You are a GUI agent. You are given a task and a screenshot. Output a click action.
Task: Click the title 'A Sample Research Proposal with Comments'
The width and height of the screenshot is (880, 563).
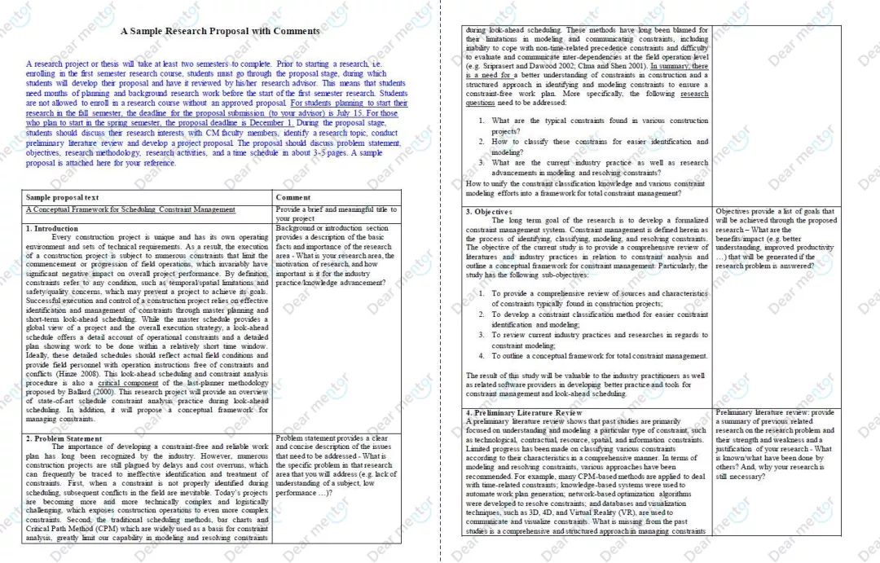[x=220, y=31]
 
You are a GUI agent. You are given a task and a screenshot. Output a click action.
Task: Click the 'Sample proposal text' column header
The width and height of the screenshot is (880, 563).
[x=63, y=197]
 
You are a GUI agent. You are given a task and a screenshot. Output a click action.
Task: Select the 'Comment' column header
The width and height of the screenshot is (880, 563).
[x=293, y=197]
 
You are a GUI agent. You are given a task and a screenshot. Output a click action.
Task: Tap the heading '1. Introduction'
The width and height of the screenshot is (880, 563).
[x=52, y=229]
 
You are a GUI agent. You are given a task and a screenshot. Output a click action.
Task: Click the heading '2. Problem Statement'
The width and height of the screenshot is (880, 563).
[x=64, y=438]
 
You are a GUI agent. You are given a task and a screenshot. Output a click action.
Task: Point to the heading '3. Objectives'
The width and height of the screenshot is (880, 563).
[x=489, y=212]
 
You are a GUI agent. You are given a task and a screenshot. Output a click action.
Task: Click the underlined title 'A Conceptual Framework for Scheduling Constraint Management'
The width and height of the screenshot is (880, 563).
[x=130, y=210]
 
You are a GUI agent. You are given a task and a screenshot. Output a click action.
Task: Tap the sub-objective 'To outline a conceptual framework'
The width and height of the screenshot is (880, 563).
[x=587, y=356]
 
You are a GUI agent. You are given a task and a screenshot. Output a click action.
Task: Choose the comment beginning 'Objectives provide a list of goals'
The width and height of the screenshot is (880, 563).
[x=775, y=212]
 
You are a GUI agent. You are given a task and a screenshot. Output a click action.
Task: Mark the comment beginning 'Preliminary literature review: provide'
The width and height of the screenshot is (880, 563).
[x=775, y=413]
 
